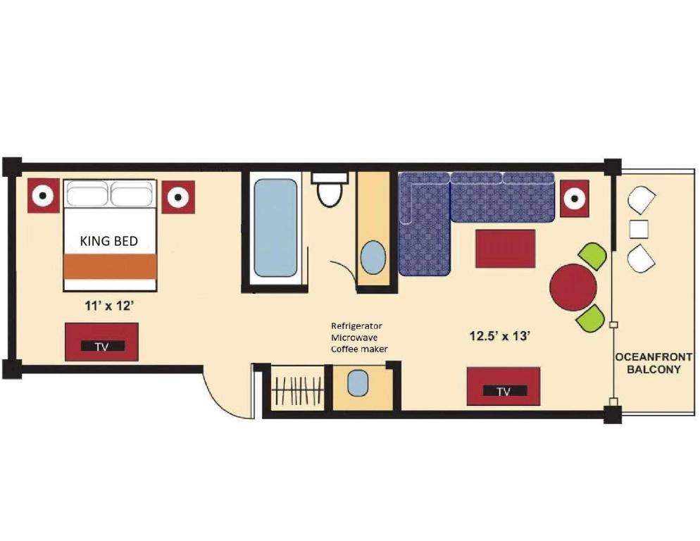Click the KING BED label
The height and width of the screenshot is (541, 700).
[109, 241]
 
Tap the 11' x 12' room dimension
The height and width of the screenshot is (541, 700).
[110, 306]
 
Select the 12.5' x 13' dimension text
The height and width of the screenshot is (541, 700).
[499, 336]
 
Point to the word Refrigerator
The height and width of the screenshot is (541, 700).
[356, 326]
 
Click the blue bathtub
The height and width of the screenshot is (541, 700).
[275, 228]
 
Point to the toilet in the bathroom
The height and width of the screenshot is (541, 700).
[330, 189]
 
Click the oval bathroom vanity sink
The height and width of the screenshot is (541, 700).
[373, 257]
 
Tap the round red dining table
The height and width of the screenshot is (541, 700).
[573, 287]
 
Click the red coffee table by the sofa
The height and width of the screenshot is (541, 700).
[505, 248]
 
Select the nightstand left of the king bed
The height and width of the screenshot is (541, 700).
[44, 195]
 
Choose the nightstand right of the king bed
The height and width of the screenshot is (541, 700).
[177, 197]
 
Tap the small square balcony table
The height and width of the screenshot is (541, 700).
[639, 230]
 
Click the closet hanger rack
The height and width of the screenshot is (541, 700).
[296, 391]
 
